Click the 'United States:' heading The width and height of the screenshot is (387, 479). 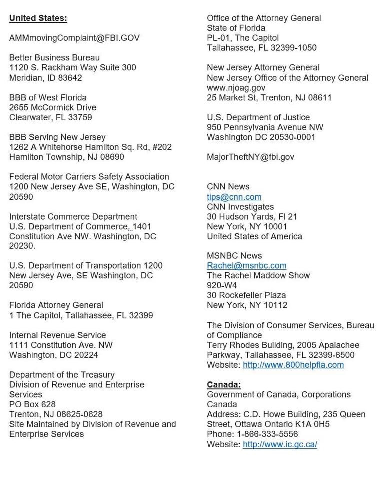pos(38,18)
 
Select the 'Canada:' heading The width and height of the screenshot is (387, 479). pos(224,385)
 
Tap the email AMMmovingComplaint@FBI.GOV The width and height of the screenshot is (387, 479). pos(74,38)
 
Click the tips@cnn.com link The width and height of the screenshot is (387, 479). pos(234,197)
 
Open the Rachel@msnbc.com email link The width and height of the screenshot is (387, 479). pos(247,266)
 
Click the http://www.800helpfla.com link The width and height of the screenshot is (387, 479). pos(293,365)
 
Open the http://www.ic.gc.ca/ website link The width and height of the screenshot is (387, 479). pos(280,444)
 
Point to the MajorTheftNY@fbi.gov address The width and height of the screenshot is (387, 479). pos(251,157)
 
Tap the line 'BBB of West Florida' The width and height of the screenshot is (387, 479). pos(48,97)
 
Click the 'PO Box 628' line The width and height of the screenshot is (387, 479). pos(33,404)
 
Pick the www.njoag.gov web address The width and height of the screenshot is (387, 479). pos(236,88)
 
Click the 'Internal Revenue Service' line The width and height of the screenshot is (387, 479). pos(58,335)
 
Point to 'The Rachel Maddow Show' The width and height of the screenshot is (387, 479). pos(258,276)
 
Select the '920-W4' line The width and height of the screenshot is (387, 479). pos(222,286)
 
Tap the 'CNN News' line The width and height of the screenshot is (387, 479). pos(228,187)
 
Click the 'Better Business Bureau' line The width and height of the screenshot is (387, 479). pos(54,58)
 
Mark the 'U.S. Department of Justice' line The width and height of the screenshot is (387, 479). pos(258,117)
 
